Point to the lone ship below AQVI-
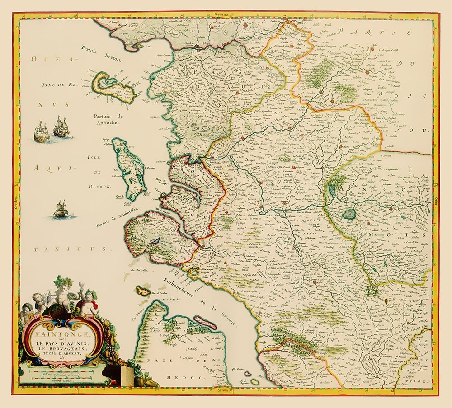click(60, 210)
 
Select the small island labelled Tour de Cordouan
click(143, 291)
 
